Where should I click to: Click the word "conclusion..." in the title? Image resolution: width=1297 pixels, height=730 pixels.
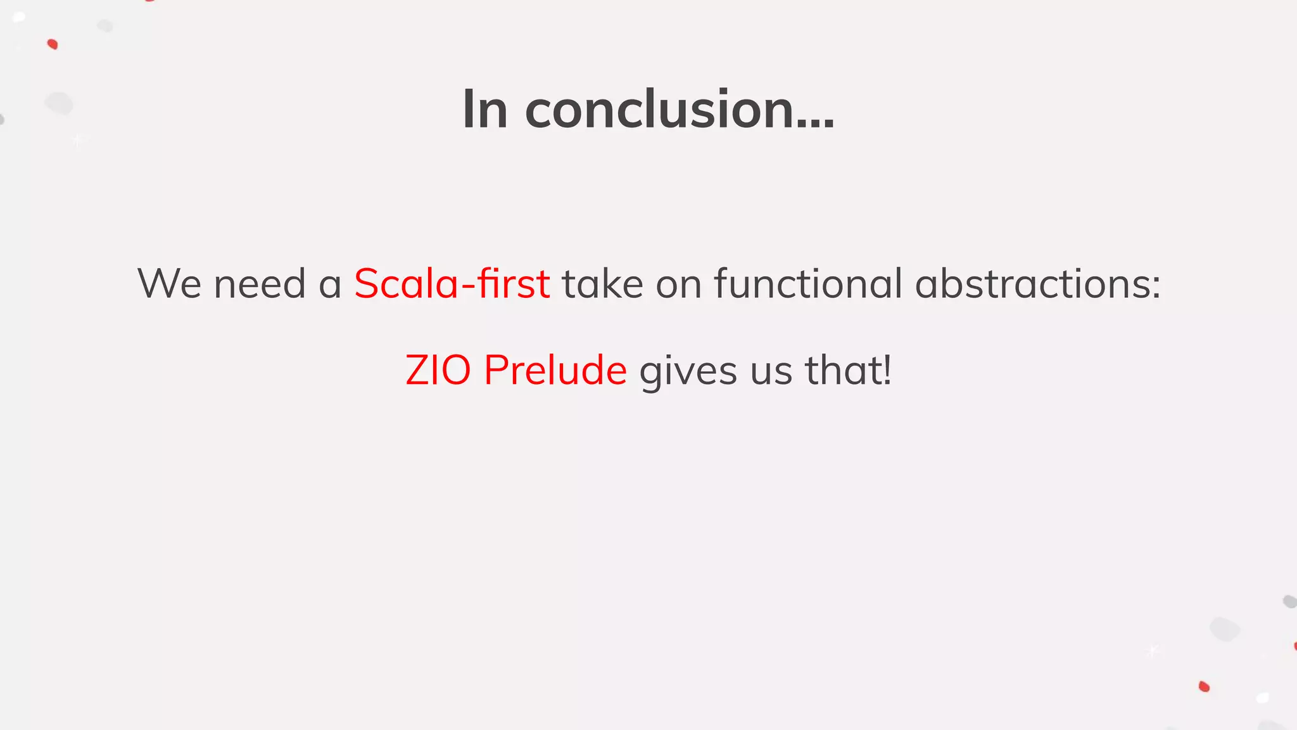679,110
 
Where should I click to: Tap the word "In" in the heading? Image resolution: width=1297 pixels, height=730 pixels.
484,110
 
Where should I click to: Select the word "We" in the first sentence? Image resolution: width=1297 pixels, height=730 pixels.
169,283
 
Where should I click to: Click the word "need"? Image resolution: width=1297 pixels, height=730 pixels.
260,283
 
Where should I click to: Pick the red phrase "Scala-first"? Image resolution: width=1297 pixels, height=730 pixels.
452,283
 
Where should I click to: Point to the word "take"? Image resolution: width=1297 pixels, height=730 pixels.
602,283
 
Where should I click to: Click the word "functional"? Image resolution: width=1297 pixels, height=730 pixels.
808,283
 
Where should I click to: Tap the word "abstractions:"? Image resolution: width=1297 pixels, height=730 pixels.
1037,283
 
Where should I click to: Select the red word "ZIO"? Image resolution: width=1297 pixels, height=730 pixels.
438,370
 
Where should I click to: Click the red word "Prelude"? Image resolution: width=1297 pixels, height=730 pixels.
555,370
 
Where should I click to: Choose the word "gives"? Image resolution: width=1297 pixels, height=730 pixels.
688,371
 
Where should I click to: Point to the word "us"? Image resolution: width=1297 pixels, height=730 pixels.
771,371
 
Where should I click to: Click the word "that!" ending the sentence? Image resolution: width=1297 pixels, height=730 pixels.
848,370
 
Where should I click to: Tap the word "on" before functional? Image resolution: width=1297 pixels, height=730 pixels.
678,285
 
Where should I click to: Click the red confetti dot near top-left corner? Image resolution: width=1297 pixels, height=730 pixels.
53,44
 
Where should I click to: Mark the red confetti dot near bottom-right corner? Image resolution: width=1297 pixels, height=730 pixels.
1204,686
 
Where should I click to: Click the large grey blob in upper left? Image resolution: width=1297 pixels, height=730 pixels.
59,103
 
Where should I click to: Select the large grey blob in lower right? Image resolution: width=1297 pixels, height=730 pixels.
1224,629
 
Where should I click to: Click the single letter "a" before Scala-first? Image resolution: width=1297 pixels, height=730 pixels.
330,285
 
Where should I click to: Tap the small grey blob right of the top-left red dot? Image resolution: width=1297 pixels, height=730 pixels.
105,26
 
